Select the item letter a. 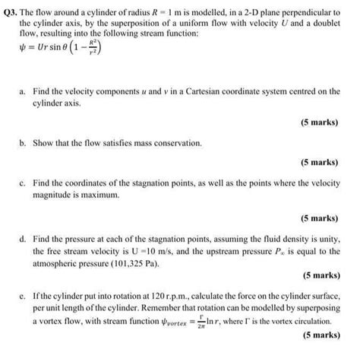23,90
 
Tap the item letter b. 23,142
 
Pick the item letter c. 23,183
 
